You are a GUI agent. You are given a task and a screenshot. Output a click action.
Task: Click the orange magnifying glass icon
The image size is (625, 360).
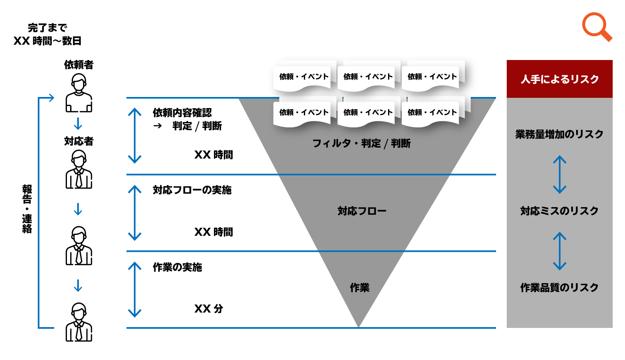[597, 27]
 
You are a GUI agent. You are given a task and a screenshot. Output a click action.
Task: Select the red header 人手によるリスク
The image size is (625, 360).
[559, 79]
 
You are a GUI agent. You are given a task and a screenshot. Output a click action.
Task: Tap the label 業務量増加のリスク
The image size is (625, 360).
[559, 134]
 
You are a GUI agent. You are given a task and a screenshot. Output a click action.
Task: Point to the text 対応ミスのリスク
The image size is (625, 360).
[559, 211]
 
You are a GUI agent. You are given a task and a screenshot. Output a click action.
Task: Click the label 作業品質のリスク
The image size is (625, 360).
[559, 287]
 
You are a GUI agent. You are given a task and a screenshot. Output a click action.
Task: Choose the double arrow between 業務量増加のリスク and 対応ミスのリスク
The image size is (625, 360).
[559, 174]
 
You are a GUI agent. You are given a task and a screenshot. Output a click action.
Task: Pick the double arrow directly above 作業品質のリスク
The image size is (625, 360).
[559, 251]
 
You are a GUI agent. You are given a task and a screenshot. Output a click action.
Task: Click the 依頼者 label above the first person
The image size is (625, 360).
[78, 65]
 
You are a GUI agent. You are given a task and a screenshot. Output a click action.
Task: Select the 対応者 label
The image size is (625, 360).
[78, 141]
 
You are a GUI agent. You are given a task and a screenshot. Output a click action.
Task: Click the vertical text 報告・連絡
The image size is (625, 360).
[27, 209]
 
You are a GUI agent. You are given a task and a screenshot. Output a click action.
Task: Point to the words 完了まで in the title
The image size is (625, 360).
[47, 28]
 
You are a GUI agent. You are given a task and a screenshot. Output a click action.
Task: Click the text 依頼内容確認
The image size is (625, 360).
[182, 113]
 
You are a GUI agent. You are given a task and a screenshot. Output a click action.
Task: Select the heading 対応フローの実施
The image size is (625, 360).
[192, 190]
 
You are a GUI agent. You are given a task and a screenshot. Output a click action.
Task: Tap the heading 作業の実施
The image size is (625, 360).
[177, 267]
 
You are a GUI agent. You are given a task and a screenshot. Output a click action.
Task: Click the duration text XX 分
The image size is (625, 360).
[209, 309]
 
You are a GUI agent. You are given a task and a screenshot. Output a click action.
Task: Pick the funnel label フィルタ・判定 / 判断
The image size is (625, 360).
[361, 143]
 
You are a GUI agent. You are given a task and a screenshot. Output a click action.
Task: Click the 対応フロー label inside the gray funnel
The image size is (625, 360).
[362, 211]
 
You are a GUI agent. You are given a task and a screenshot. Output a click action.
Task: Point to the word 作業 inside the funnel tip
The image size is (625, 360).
[359, 288]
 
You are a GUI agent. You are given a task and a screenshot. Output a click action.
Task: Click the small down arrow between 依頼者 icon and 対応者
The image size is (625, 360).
[78, 124]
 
